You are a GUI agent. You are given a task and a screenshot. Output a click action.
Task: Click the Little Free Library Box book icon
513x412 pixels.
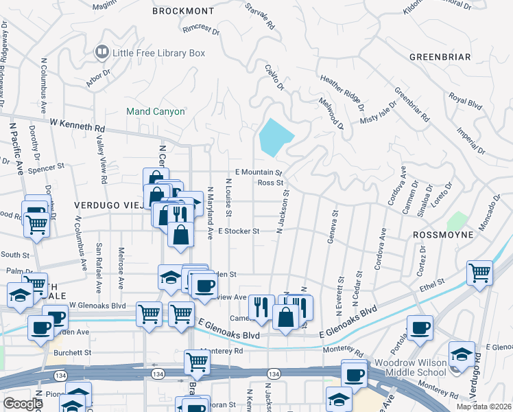point(102,52)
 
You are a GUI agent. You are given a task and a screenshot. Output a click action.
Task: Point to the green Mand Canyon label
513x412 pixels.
point(156,111)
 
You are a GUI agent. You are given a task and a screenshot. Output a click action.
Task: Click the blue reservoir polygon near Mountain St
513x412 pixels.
point(274,137)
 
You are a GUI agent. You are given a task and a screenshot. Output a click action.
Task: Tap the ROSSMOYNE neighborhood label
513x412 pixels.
point(443,235)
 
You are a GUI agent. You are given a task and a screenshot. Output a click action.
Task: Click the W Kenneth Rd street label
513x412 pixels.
point(77,125)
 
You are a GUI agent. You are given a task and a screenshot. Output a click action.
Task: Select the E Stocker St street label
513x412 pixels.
point(238,231)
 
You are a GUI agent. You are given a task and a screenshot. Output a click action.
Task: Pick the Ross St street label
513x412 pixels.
point(270,183)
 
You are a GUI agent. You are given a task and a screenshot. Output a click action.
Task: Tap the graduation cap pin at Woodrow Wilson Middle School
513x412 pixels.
point(462,354)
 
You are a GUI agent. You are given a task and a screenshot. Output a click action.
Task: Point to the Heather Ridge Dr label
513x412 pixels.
point(341,93)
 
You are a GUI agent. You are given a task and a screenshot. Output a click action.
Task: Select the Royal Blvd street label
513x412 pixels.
point(466,103)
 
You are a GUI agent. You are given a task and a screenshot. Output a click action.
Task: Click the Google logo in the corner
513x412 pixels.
point(23,403)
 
